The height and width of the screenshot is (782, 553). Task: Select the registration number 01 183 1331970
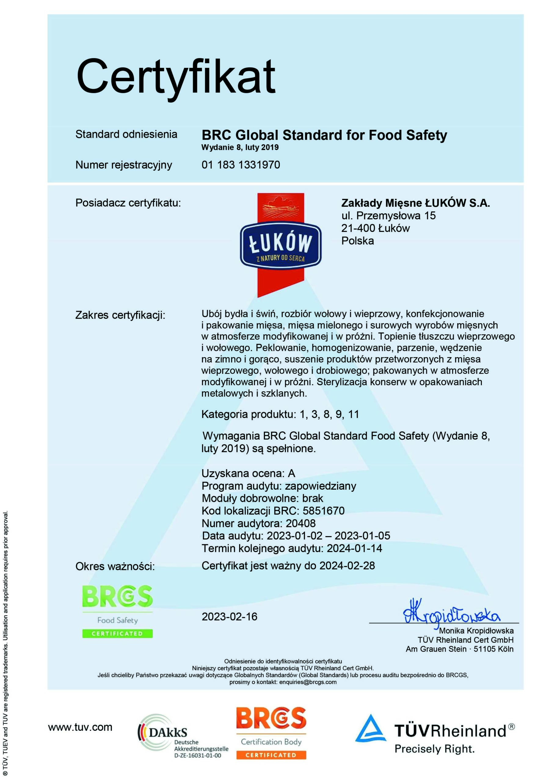coord(241,165)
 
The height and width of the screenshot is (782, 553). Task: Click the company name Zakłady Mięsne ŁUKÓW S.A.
coord(415,203)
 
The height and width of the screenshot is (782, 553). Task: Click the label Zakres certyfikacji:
coord(120,315)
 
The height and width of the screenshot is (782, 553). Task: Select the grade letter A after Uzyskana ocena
coord(292,473)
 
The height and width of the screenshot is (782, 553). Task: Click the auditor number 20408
coord(301,523)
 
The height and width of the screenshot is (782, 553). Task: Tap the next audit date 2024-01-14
coord(355,548)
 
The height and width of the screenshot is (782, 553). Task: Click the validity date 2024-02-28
coord(347,566)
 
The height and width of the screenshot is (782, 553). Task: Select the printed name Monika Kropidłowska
coord(476,630)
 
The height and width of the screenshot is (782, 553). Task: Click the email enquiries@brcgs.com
coord(308,682)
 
